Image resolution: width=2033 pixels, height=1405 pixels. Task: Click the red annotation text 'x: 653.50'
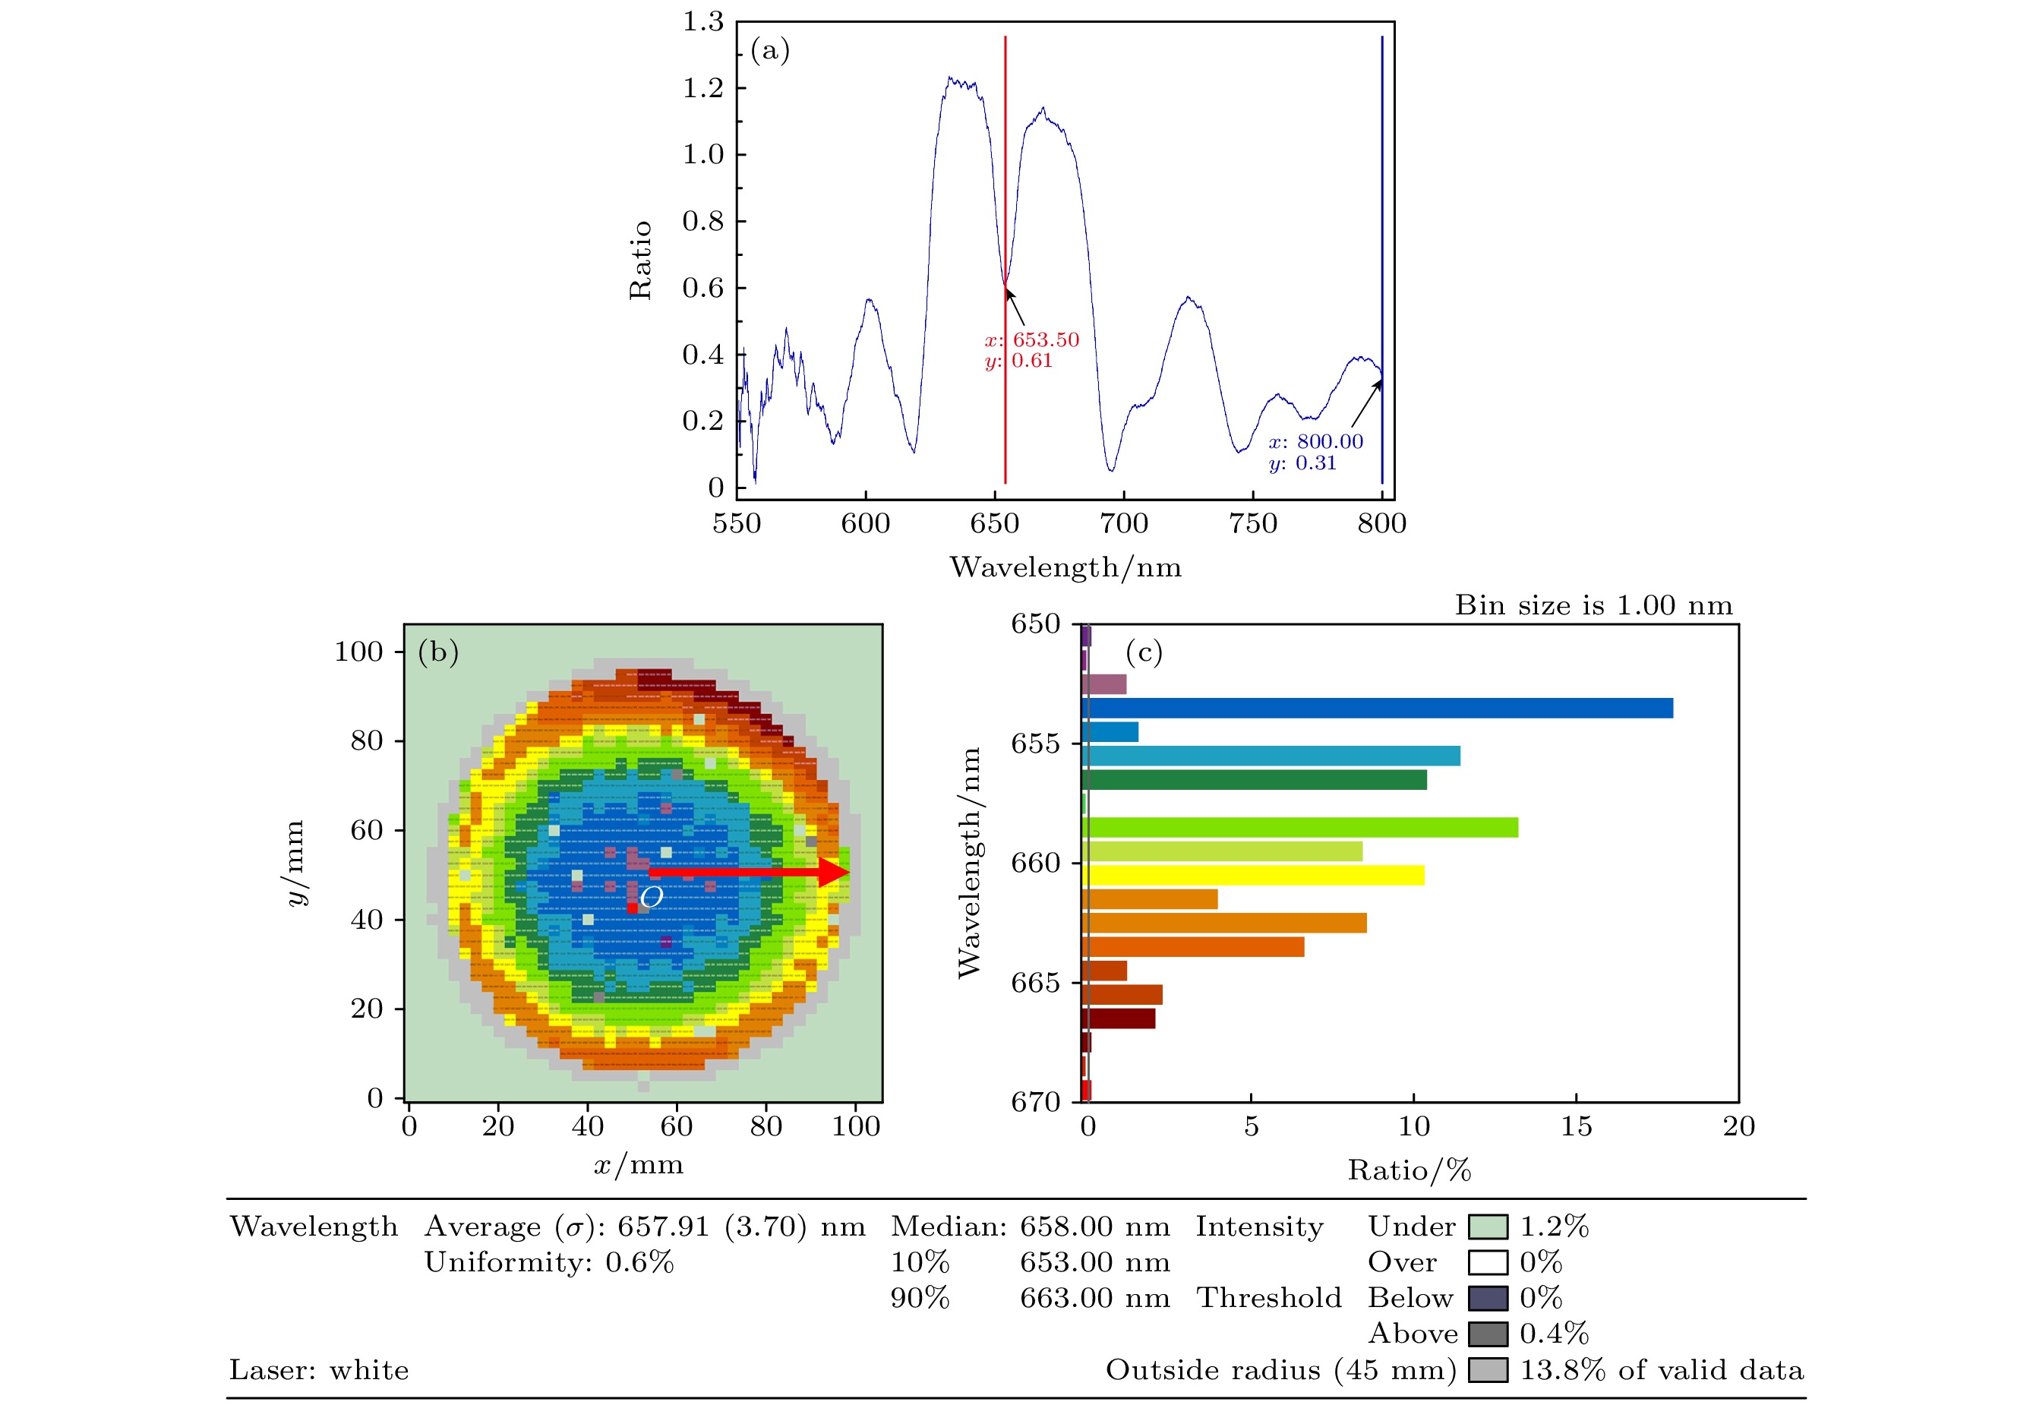point(1031,339)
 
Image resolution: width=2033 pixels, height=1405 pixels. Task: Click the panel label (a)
point(769,51)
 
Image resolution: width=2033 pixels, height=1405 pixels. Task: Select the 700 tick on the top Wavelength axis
point(1124,524)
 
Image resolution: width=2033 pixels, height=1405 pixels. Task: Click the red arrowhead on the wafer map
point(832,872)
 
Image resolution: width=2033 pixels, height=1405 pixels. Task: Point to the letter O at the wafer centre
point(652,897)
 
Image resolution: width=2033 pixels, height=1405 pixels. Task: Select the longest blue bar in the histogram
point(1376,708)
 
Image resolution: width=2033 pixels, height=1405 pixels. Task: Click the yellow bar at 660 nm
point(1252,875)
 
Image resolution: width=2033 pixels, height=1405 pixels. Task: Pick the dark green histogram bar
point(1253,780)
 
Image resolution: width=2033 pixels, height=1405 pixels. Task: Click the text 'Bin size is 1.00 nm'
point(1593,605)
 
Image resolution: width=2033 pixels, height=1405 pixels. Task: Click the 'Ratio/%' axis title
point(1409,1171)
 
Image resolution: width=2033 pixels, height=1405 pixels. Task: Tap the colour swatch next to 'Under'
point(1487,1227)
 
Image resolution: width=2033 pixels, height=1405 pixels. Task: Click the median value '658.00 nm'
point(1095,1227)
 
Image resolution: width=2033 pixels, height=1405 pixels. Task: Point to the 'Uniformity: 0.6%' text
point(549,1262)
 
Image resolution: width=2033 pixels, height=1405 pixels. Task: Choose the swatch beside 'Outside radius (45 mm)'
point(1487,1371)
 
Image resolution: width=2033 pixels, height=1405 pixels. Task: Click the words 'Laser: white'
point(319,1371)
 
